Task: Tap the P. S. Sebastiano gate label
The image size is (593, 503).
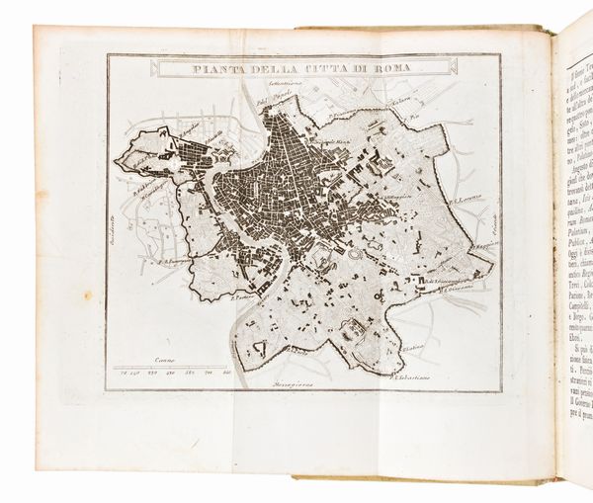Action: (x=418, y=374)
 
